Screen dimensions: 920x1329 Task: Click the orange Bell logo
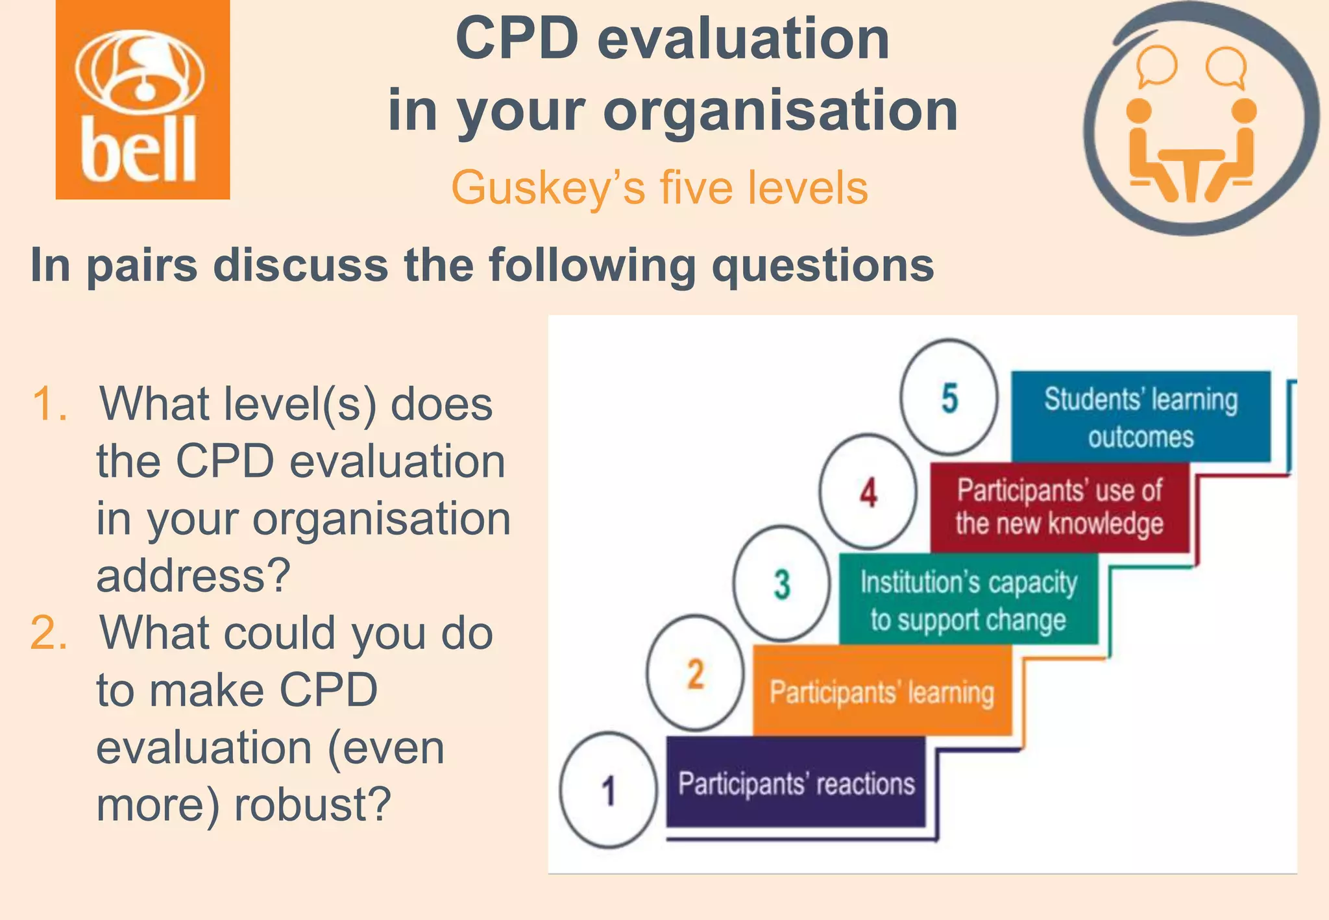click(143, 99)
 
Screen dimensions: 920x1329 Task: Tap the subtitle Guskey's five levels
click(659, 188)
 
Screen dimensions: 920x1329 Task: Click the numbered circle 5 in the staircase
click(949, 397)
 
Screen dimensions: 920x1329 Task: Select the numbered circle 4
click(868, 492)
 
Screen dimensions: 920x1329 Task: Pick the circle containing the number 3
click(782, 583)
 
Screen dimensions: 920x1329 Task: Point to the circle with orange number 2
click(695, 673)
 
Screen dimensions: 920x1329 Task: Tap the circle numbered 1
click(608, 790)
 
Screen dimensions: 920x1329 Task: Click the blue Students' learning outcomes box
click(1140, 417)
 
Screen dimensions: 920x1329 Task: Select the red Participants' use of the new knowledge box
click(1059, 507)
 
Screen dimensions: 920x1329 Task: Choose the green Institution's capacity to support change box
click(968, 599)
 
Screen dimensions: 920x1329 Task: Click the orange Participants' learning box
click(882, 691)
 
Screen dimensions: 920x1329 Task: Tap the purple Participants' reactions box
click(796, 782)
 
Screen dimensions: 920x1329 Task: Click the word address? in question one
click(193, 575)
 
